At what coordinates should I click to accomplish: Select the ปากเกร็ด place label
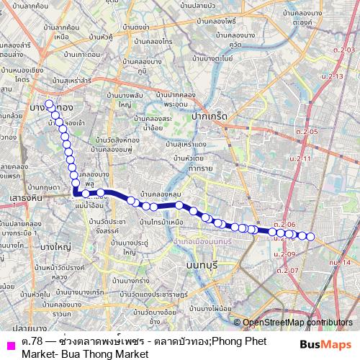tap(210, 115)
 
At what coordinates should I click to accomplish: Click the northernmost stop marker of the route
tap(49, 104)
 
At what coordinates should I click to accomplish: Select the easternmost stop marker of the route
tap(311, 236)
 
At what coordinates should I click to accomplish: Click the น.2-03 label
tap(345, 49)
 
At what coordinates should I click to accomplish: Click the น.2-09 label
tap(285, 253)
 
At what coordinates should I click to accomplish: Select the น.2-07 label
tap(286, 270)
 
